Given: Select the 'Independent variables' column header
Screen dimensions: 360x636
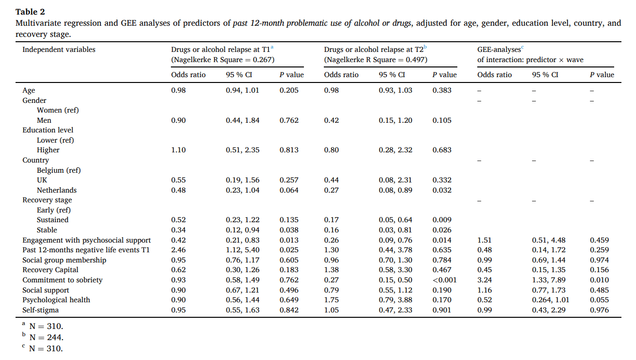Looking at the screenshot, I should tap(59, 49).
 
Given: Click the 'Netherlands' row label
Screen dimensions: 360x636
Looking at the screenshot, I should tap(56, 190).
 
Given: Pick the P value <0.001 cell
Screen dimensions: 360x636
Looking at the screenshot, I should tap(444, 280).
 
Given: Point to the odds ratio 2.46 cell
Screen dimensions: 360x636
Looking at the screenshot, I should tap(178, 250).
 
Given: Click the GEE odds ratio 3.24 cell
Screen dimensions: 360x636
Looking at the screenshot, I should tap(485, 280).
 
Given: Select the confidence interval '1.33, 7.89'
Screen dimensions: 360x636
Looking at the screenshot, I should tap(549, 280).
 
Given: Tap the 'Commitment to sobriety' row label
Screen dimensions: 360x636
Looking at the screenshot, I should tap(62, 280).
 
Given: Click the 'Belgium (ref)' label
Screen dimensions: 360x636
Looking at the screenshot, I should tap(59, 170).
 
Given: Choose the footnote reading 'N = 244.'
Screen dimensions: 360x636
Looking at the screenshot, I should tap(46, 337).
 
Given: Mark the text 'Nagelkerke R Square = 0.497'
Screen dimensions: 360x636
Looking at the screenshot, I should tap(376, 60).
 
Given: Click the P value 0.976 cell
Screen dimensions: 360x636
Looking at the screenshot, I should tap(599, 310).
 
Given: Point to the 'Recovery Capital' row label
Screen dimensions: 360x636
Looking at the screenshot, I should tap(50, 270).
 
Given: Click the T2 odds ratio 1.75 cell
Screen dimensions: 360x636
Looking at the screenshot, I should tap(331, 300).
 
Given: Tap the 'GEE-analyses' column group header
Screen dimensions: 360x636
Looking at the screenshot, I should tap(500, 49).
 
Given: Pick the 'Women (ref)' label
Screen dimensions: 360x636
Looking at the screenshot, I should tap(57, 110).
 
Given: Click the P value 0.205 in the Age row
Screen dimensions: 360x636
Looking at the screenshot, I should tap(289, 90).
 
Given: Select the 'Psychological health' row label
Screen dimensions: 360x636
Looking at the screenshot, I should tap(56, 300).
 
